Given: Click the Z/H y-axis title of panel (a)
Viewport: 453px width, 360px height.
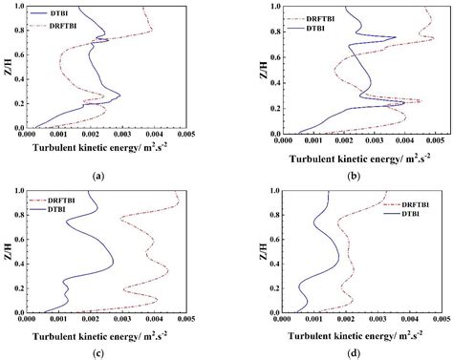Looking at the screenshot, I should point(8,68).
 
